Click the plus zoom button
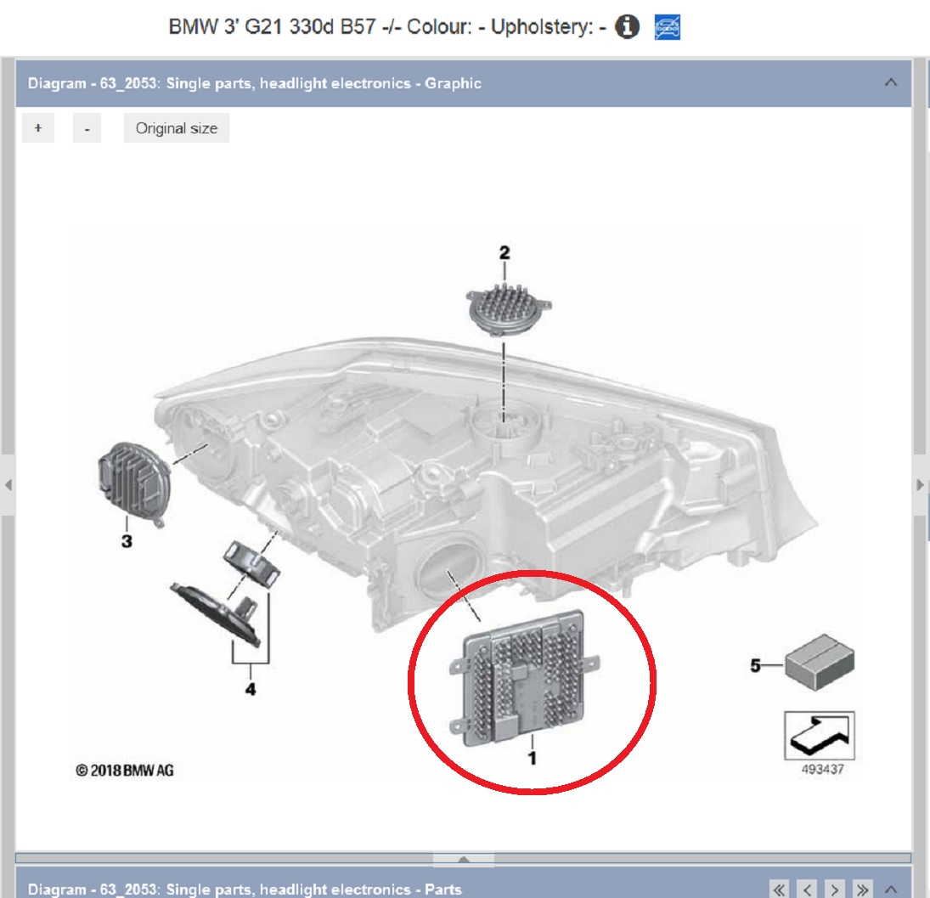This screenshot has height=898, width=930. (38, 128)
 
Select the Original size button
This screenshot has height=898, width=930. (176, 128)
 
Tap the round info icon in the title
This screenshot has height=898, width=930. (627, 26)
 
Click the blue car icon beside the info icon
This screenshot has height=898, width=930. (668, 27)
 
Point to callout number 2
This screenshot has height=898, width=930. (504, 252)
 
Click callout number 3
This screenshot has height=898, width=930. (127, 541)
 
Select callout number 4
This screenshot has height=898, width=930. (251, 689)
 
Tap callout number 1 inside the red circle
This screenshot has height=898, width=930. (532, 758)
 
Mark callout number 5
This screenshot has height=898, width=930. (755, 665)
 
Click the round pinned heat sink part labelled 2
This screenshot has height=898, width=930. (508, 308)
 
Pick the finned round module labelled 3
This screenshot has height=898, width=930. (134, 483)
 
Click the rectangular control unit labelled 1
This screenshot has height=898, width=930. (524, 677)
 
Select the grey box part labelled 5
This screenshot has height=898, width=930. (820, 662)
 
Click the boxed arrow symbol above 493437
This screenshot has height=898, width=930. (820, 736)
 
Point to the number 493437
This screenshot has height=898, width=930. (822, 770)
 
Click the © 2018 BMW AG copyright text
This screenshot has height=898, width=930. (125, 771)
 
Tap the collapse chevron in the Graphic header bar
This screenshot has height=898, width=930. (891, 82)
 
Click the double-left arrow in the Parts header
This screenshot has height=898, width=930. (780, 890)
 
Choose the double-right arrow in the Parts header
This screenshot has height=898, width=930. (862, 890)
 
